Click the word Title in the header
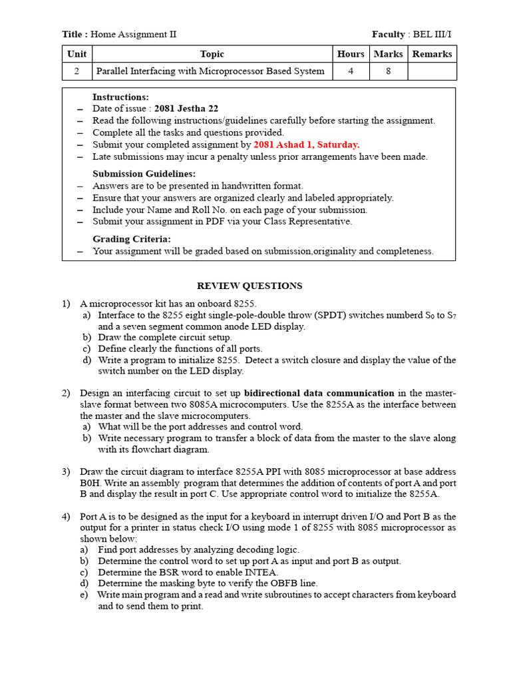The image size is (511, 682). pyautogui.click(x=73, y=34)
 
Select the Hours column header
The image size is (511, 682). pyautogui.click(x=351, y=54)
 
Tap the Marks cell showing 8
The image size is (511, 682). pyautogui.click(x=388, y=71)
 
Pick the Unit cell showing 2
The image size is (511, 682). pyautogui.click(x=77, y=71)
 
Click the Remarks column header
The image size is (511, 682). pyautogui.click(x=432, y=54)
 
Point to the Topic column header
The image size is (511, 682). pyautogui.click(x=212, y=54)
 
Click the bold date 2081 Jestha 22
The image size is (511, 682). pyautogui.click(x=186, y=109)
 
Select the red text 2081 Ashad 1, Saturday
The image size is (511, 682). pyautogui.click(x=307, y=145)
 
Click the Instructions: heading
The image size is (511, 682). pyautogui.click(x=120, y=97)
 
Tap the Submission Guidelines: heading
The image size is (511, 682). pyautogui.click(x=136, y=174)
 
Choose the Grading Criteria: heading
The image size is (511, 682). pyautogui.click(x=131, y=239)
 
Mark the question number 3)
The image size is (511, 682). pyautogui.click(x=67, y=472)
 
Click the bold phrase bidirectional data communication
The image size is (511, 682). pyautogui.click(x=319, y=393)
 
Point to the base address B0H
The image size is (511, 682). pyautogui.click(x=90, y=483)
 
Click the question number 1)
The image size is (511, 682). pyautogui.click(x=67, y=304)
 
